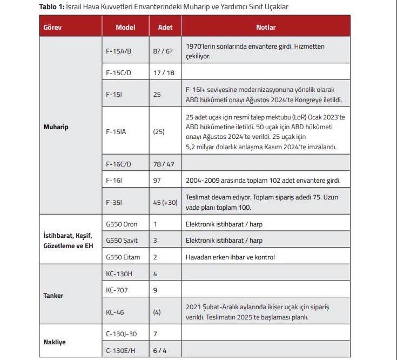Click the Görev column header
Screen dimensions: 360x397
51,27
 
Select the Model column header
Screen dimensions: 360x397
125,27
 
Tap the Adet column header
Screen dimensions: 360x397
165,27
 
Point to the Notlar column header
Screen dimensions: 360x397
265,27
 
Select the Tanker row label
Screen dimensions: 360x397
53,296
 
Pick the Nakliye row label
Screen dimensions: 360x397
54,342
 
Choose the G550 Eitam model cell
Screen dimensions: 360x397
123,257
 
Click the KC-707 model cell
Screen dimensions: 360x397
117,290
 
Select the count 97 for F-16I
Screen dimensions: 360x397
157,180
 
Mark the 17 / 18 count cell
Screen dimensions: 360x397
164,72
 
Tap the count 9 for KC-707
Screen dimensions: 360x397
155,290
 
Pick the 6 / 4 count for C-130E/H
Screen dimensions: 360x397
159,350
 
